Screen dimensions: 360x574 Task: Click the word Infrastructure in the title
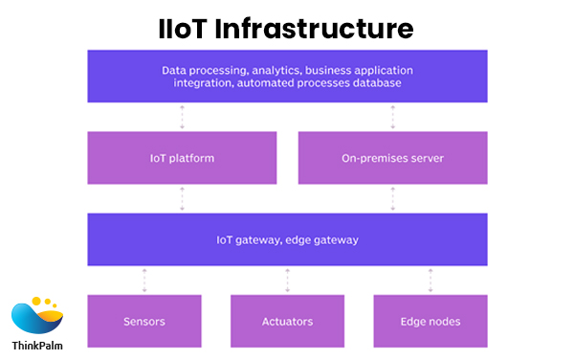[319, 28]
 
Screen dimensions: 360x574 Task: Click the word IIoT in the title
[188, 28]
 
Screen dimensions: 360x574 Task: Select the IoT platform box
[182, 157]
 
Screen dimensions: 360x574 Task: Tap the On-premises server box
[393, 157]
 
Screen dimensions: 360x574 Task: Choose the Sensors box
[144, 321]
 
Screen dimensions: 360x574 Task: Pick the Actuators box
[287, 321]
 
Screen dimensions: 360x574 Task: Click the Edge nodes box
[430, 321]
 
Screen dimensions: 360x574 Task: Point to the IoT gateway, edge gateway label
[287, 239]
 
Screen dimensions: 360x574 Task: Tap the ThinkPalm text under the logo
[37, 347]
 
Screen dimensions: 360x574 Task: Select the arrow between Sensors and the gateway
[144, 280]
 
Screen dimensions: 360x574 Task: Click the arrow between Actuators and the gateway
[287, 280]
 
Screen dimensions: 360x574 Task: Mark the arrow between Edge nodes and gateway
[430, 280]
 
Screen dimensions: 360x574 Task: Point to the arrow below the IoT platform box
[182, 198]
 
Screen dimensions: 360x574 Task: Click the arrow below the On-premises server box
[393, 198]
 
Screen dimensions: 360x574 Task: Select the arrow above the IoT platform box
[182, 117]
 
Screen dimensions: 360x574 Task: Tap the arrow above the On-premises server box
[393, 117]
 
